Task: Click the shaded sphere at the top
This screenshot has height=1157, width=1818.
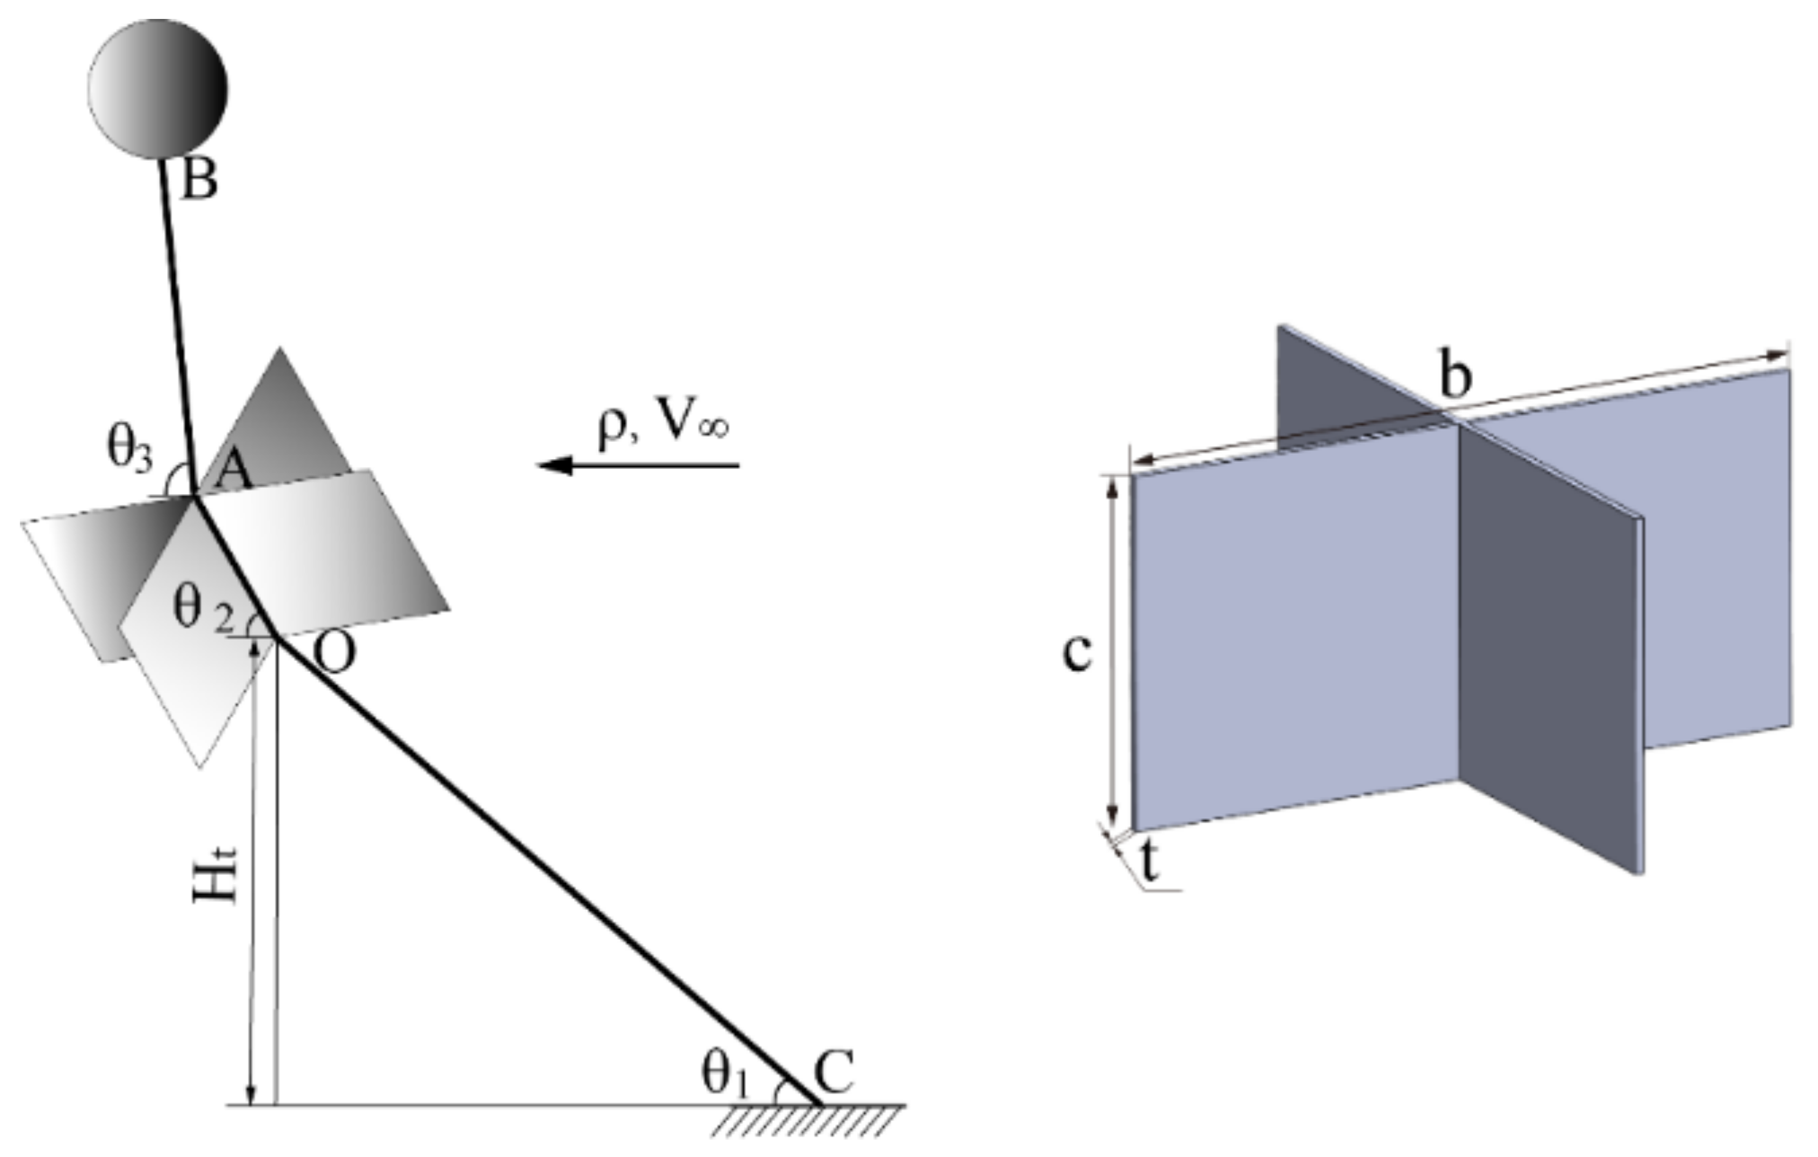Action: (x=158, y=88)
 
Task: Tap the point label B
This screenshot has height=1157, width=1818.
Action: (x=199, y=181)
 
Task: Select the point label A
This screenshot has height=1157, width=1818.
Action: (x=233, y=470)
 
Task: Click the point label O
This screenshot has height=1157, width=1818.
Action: (x=334, y=653)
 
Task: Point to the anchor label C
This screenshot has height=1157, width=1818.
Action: (x=834, y=1071)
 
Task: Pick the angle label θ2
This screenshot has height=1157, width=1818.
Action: (x=202, y=608)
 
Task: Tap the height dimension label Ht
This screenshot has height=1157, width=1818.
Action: (x=216, y=872)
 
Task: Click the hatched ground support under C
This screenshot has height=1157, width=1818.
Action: (x=808, y=1120)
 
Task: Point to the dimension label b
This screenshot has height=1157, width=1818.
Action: (x=1455, y=375)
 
